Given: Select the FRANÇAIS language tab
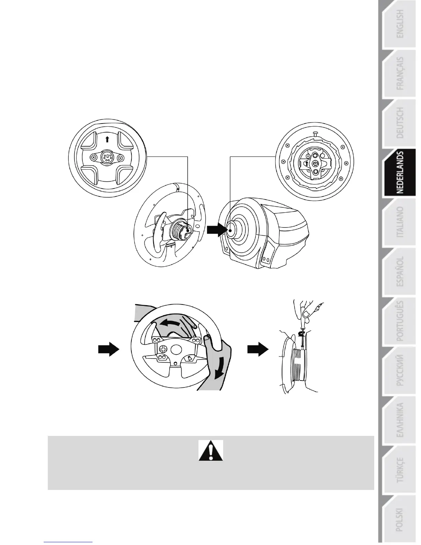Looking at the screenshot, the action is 400,74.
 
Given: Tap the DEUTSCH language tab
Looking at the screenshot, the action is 400,123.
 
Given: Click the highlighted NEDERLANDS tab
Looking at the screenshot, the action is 400,173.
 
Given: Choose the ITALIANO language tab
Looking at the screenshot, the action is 400,222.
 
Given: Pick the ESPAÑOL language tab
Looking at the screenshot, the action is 400,272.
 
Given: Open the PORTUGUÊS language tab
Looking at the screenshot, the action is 400,321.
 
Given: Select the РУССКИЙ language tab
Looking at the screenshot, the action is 400,371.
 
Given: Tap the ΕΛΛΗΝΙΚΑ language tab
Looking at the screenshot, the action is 400,420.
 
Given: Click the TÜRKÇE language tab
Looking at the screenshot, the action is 400,470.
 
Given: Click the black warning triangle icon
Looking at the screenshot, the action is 211,450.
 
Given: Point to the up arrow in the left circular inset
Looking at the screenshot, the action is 107,139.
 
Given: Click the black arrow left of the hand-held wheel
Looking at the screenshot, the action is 108,350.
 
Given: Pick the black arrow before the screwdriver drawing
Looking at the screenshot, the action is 258,350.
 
